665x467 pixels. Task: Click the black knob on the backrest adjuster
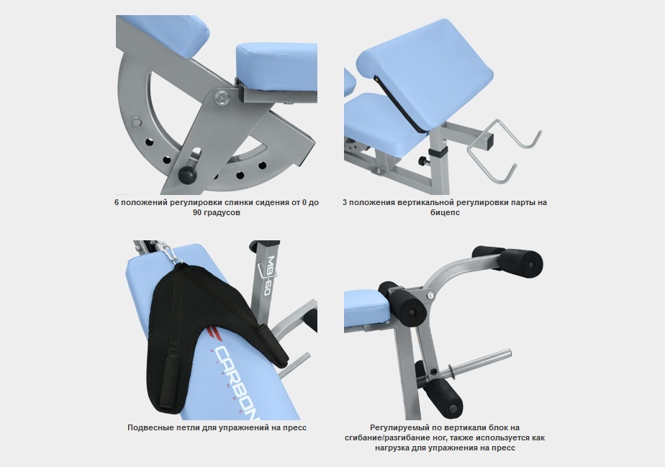[187, 175]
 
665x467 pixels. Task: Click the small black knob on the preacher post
[422, 161]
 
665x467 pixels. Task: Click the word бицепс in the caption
[445, 212]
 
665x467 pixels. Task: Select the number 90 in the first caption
[197, 212]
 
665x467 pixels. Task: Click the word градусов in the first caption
[222, 213]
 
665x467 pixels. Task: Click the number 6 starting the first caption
[116, 202]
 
